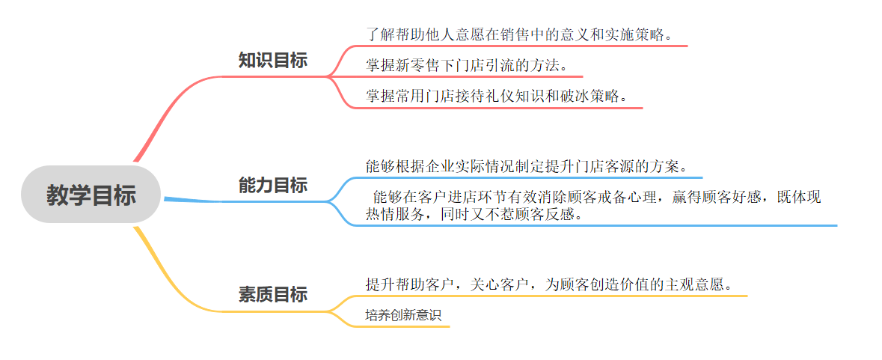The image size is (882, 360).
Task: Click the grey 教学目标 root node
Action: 91,195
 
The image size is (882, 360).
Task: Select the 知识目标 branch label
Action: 272,61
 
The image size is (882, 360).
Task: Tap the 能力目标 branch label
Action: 272,185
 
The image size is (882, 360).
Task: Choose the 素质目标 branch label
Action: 272,294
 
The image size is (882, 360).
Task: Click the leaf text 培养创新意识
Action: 403,315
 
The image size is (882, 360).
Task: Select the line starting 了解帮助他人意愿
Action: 518,35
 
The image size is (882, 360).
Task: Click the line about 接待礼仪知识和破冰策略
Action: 496,97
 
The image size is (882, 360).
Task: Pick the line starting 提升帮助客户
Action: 548,284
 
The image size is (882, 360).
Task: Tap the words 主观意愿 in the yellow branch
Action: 696,284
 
